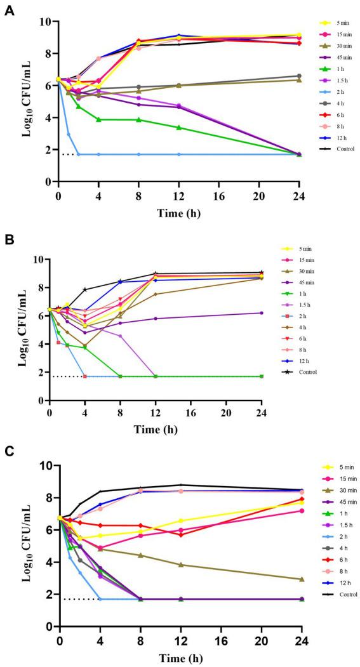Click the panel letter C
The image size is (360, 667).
[9, 452]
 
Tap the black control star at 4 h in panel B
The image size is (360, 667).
[84, 289]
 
